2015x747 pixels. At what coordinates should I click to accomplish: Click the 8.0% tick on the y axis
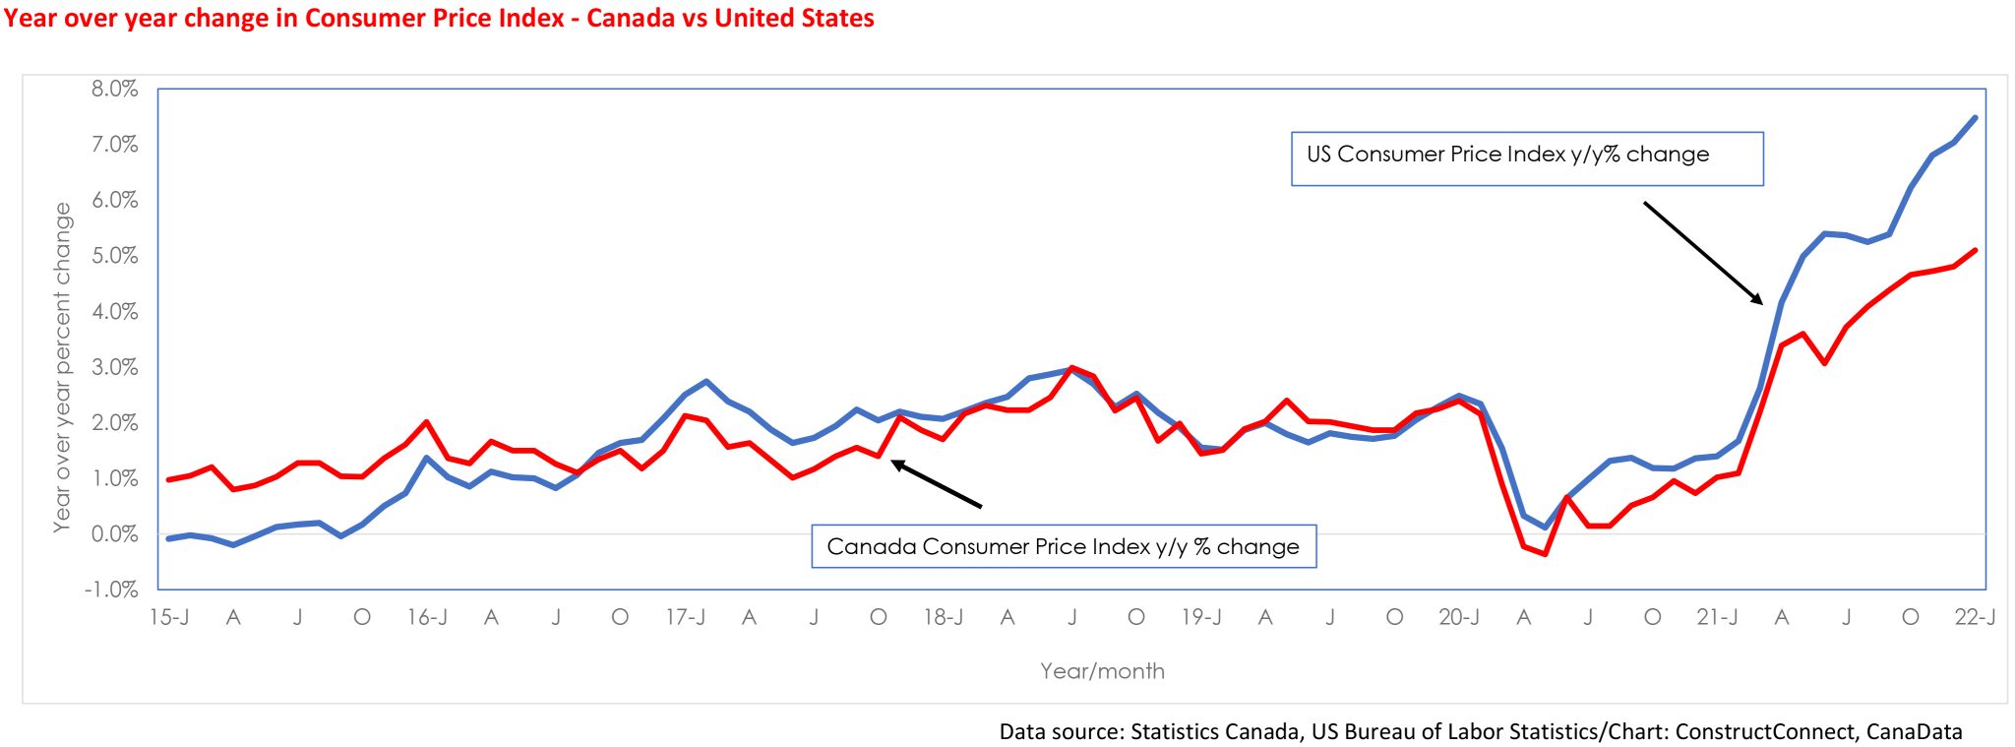click(114, 90)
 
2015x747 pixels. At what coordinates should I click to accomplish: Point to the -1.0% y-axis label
click(111, 590)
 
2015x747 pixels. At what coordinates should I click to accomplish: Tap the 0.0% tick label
click(114, 534)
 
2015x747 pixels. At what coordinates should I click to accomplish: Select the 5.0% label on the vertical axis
click(114, 256)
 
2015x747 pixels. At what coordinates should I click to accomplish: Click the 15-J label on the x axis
click(169, 618)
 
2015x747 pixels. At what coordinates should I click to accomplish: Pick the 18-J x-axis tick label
click(943, 618)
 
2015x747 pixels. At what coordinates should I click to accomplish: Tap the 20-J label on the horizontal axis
click(1458, 618)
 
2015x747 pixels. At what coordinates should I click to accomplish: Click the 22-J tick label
click(1975, 618)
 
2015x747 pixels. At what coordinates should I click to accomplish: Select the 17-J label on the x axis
click(685, 618)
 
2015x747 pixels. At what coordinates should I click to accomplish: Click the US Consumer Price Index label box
click(1526, 157)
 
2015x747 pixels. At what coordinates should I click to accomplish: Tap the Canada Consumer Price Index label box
click(1063, 546)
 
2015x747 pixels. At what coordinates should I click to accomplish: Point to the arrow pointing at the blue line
click(1703, 253)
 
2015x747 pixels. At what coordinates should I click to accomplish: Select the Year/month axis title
click(1102, 671)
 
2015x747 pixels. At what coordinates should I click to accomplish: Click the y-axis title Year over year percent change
click(62, 367)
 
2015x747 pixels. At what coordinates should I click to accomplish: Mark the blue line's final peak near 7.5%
click(1975, 118)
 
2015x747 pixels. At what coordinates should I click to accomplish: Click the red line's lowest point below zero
click(1545, 554)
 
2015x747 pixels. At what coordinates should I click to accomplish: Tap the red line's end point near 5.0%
click(1976, 250)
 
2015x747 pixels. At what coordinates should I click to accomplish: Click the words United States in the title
click(794, 19)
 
